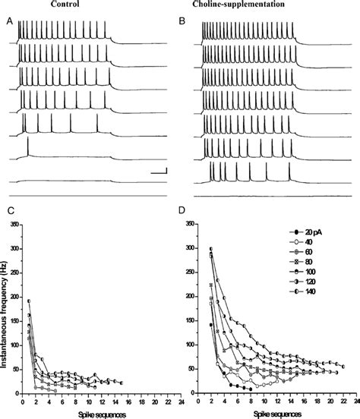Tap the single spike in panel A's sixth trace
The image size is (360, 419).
click(x=28, y=147)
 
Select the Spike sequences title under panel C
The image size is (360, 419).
click(x=99, y=414)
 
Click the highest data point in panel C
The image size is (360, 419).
click(x=29, y=301)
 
